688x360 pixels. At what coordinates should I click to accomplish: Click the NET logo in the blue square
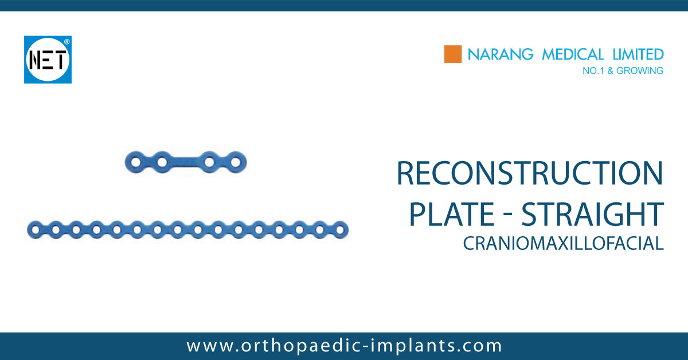[x=48, y=60]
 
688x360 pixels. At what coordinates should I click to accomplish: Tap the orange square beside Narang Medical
[x=453, y=54]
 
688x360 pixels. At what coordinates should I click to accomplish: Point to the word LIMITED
[x=637, y=54]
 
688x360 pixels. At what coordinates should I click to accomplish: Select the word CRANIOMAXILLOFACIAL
[x=563, y=243]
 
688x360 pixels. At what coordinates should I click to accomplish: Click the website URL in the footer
[x=344, y=346]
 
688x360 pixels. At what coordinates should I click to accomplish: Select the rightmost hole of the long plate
[x=339, y=230]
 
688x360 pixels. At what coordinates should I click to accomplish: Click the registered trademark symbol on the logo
[x=67, y=42]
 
